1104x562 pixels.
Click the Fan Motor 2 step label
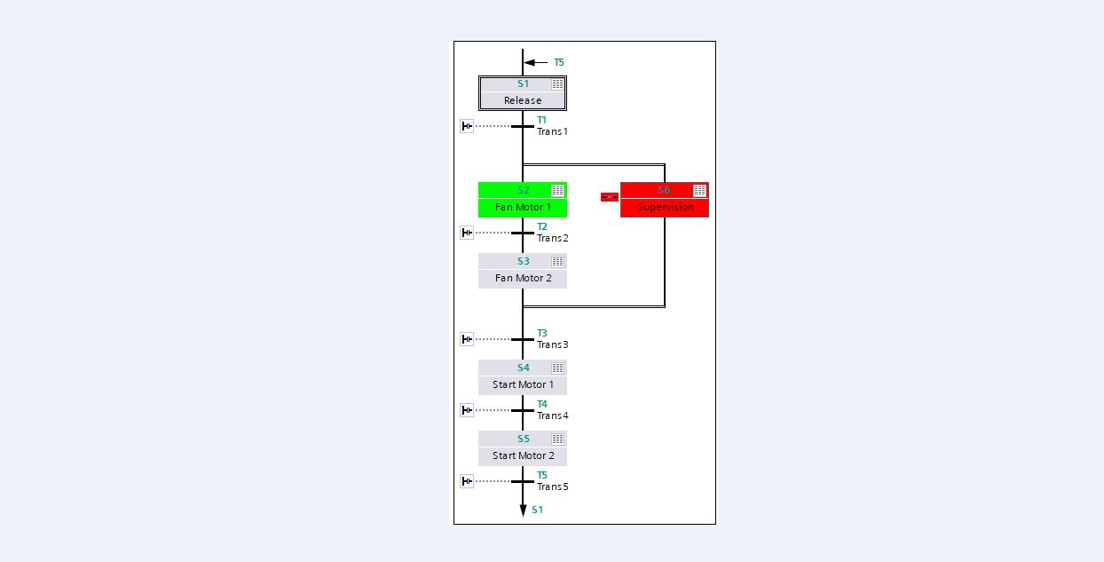523,278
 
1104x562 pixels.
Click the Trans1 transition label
552,131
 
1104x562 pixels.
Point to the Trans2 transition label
552,238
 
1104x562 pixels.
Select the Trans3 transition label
552,344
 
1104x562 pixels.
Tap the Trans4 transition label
552,416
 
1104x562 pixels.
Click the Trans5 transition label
552,487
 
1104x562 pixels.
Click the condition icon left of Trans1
467,126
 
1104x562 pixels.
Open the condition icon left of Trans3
467,339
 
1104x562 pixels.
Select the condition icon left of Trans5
467,481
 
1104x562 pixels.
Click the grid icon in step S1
557,84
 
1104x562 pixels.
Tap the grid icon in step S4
557,368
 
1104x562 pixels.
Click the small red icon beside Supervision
609,197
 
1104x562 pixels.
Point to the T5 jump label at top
559,63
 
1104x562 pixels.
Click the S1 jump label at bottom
538,510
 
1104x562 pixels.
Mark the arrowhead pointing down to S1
523,511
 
